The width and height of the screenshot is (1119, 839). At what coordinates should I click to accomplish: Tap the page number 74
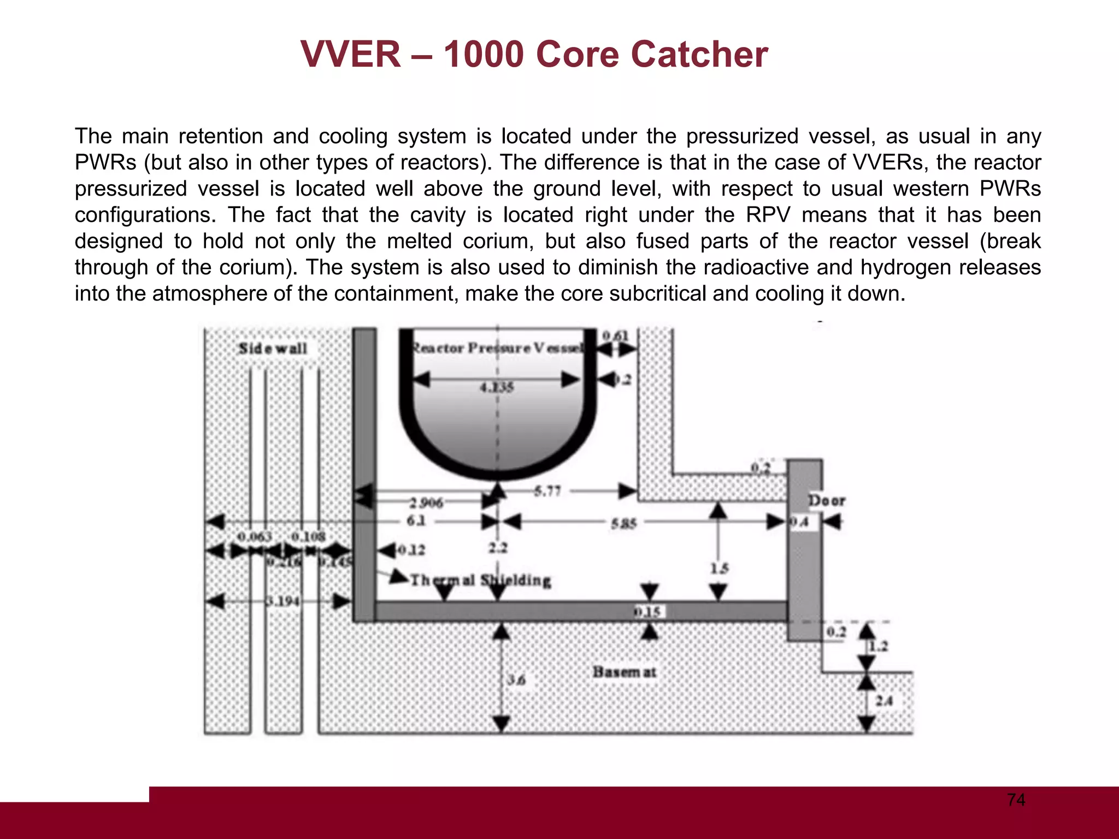[1016, 800]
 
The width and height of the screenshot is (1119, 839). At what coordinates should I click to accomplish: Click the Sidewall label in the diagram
[273, 348]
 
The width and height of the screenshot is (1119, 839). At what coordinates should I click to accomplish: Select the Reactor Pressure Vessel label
[497, 348]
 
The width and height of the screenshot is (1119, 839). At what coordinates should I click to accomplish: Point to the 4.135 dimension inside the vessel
[496, 387]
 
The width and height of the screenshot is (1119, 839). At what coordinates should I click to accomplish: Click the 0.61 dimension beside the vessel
[615, 335]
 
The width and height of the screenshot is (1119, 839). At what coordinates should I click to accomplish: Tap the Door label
[826, 500]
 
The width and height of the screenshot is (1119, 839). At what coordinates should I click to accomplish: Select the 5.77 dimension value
[547, 491]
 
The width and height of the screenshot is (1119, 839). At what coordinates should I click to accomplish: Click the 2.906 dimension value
[426, 502]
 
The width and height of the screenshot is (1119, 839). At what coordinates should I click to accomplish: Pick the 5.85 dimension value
[623, 524]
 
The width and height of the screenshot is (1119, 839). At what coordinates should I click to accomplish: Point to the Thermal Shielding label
[480, 580]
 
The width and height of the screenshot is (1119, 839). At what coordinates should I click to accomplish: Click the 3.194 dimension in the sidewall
[282, 601]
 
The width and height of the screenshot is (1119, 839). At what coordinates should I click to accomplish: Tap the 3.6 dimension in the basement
[516, 680]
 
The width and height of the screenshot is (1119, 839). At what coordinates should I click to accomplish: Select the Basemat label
[624, 672]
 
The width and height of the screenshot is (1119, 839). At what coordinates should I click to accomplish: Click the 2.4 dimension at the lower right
[884, 700]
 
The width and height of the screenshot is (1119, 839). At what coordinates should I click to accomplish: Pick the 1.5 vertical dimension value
[719, 568]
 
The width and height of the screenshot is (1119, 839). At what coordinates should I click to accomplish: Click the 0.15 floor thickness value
[647, 612]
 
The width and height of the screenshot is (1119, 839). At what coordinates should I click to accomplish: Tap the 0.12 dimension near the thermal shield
[411, 550]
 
